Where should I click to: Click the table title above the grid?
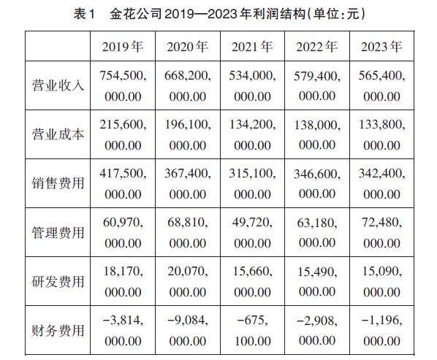click(219, 14)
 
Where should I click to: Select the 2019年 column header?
click(123, 47)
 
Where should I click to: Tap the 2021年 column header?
click(252, 47)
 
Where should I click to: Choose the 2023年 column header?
click(381, 47)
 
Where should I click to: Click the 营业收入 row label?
click(58, 85)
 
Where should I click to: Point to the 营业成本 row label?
click(58, 134)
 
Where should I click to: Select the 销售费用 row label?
click(58, 183)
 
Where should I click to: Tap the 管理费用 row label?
click(58, 232)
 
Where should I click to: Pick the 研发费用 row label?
click(58, 281)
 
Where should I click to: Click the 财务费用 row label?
click(58, 331)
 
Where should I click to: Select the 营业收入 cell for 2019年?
click(123, 85)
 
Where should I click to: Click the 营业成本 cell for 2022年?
click(317, 135)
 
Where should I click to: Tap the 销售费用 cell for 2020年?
click(188, 184)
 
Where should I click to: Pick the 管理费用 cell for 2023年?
click(381, 232)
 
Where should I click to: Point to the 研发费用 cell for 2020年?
click(188, 281)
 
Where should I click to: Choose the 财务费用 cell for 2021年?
click(252, 331)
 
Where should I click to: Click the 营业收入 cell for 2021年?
click(252, 85)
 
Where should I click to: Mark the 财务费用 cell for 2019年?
click(123, 331)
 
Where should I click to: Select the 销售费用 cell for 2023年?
click(381, 184)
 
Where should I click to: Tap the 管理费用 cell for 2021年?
click(252, 232)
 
